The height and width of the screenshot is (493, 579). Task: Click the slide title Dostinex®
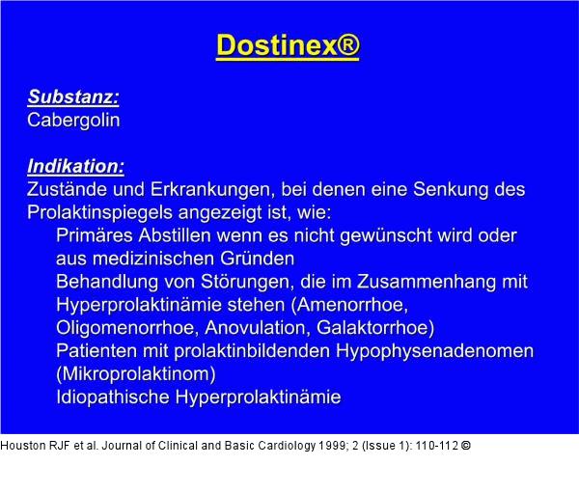click(x=288, y=46)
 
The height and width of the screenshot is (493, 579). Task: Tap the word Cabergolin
click(x=73, y=120)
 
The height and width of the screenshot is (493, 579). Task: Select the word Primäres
click(x=98, y=235)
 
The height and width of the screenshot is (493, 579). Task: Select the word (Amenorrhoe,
click(x=350, y=304)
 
